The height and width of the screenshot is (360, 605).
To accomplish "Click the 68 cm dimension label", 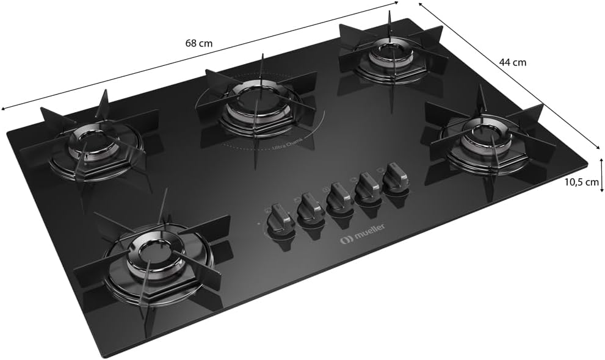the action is tap(198, 43).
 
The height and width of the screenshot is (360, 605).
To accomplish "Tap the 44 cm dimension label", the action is tap(512, 62).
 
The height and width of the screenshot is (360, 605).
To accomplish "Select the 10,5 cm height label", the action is tap(581, 182).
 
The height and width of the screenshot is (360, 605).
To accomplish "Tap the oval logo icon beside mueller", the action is tap(346, 241).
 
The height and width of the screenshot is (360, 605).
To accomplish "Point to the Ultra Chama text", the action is tap(288, 144).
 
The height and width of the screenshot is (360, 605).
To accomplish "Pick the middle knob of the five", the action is tap(338, 198).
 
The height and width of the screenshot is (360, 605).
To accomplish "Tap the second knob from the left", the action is tap(311, 209).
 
